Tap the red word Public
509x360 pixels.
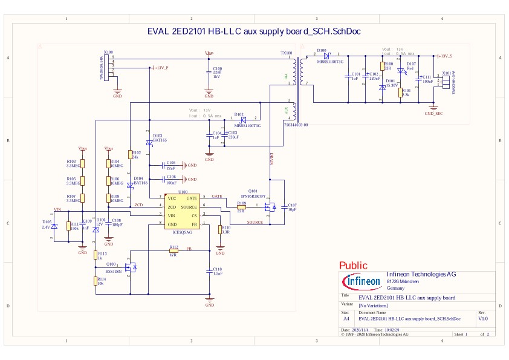point(353,265)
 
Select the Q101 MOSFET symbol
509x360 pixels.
point(270,206)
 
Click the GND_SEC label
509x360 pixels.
point(433,113)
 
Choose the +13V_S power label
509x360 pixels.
point(446,56)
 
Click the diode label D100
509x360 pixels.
point(322,50)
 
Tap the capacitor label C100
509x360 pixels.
point(218,69)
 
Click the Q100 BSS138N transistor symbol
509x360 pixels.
point(130,266)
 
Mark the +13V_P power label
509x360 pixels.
point(161,68)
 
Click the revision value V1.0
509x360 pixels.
point(483,318)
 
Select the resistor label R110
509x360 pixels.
point(225,228)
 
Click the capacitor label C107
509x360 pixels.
point(292,206)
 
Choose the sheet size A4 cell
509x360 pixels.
point(346,318)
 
